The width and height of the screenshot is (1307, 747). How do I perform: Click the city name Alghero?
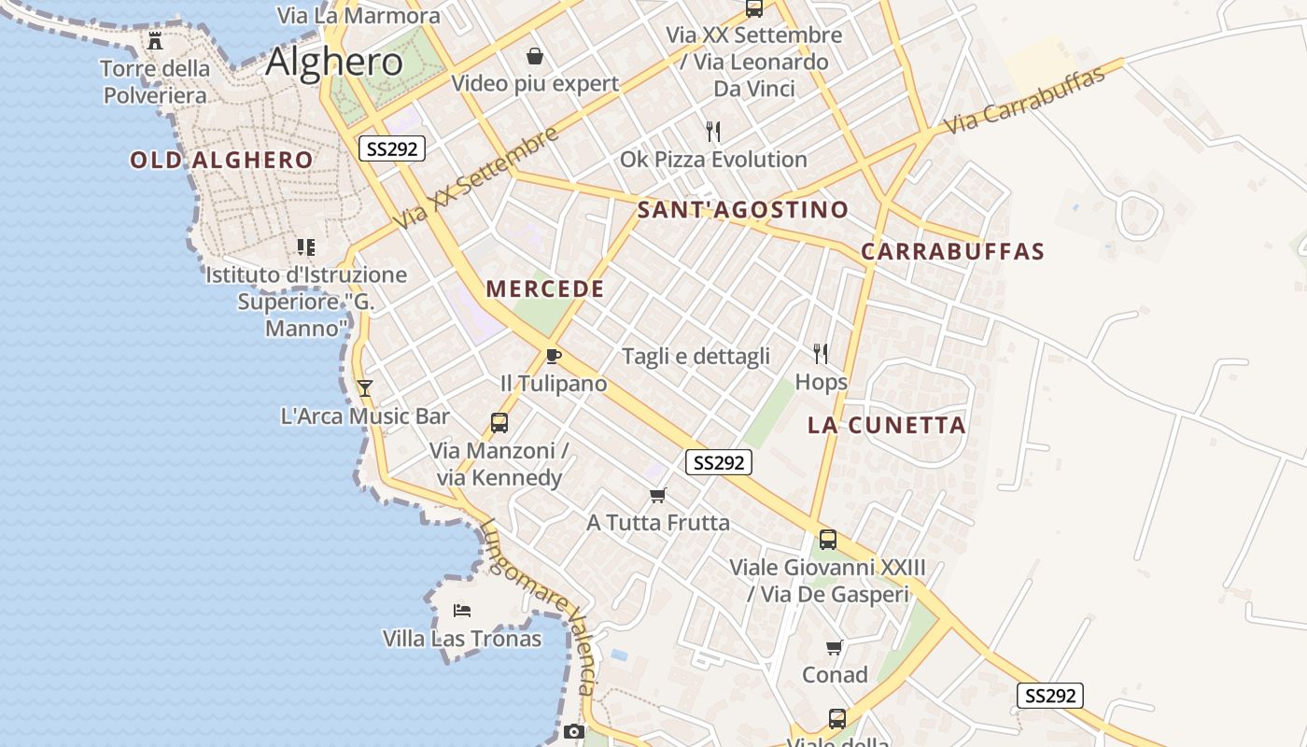(334, 62)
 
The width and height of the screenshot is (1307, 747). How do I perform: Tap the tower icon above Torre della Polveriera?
(155, 41)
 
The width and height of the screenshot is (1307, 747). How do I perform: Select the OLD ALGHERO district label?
(221, 160)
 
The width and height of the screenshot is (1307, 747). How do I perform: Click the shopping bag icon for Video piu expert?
(535, 56)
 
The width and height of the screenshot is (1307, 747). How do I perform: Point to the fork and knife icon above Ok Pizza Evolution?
(713, 131)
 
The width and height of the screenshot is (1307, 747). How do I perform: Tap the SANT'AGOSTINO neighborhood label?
(742, 209)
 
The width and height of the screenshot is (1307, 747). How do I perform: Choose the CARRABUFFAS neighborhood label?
(952, 251)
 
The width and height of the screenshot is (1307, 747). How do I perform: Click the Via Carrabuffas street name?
(1024, 101)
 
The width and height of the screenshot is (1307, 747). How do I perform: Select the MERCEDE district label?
(545, 289)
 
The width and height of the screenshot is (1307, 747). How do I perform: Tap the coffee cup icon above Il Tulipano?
(554, 356)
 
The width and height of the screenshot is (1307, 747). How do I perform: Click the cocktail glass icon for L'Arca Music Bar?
(365, 388)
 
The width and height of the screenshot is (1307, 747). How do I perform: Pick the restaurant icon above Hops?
(821, 353)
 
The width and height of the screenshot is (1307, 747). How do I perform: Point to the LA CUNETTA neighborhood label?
(886, 426)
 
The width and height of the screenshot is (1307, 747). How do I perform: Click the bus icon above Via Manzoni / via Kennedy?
(499, 422)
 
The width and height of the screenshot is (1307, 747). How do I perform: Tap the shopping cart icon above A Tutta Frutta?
(658, 495)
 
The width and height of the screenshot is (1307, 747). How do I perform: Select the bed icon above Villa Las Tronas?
(461, 611)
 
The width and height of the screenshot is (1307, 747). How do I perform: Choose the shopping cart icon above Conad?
(835, 647)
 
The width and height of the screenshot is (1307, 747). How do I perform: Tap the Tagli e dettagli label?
(696, 356)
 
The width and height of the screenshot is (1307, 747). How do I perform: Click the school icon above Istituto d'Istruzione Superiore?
(306, 247)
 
